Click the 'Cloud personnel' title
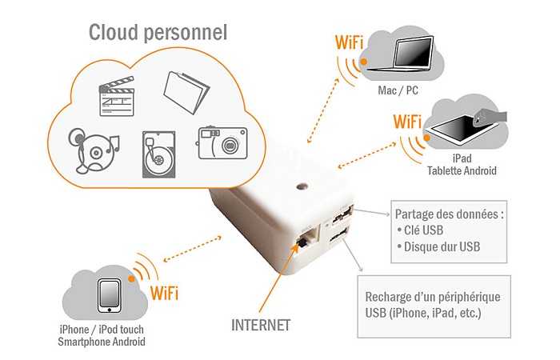tap(158, 33)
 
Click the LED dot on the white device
tap(302, 189)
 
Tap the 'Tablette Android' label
tap(462, 170)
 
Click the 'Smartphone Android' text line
tap(102, 342)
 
